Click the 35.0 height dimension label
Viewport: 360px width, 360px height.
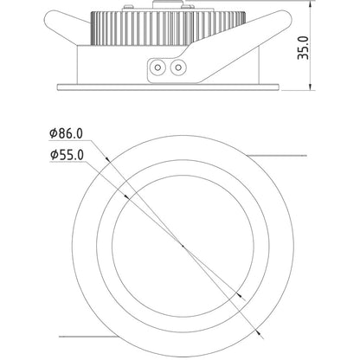[x=303, y=48]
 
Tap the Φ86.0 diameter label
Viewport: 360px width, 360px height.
[x=66, y=133]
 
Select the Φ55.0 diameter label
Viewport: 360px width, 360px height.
[x=67, y=155]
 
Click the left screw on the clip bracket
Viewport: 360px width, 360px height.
[x=157, y=67]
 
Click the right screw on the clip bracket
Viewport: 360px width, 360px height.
[x=178, y=67]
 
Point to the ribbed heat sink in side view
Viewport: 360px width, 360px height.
[x=169, y=28]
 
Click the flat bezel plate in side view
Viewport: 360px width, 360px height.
[x=168, y=87]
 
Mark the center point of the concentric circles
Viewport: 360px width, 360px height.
[x=183, y=246]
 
